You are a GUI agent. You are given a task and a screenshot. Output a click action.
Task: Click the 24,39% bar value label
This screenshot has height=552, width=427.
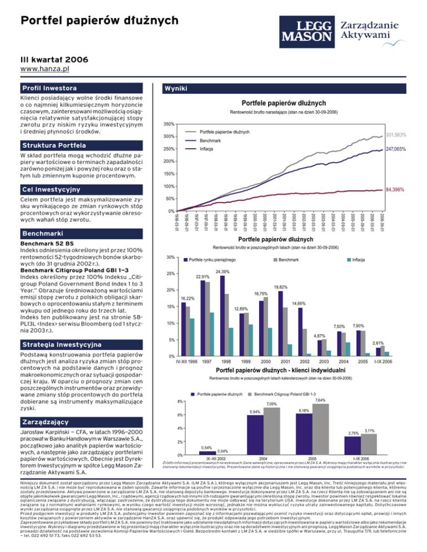point(222,272)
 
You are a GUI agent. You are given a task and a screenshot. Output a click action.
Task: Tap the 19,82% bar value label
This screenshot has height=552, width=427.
point(280,287)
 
